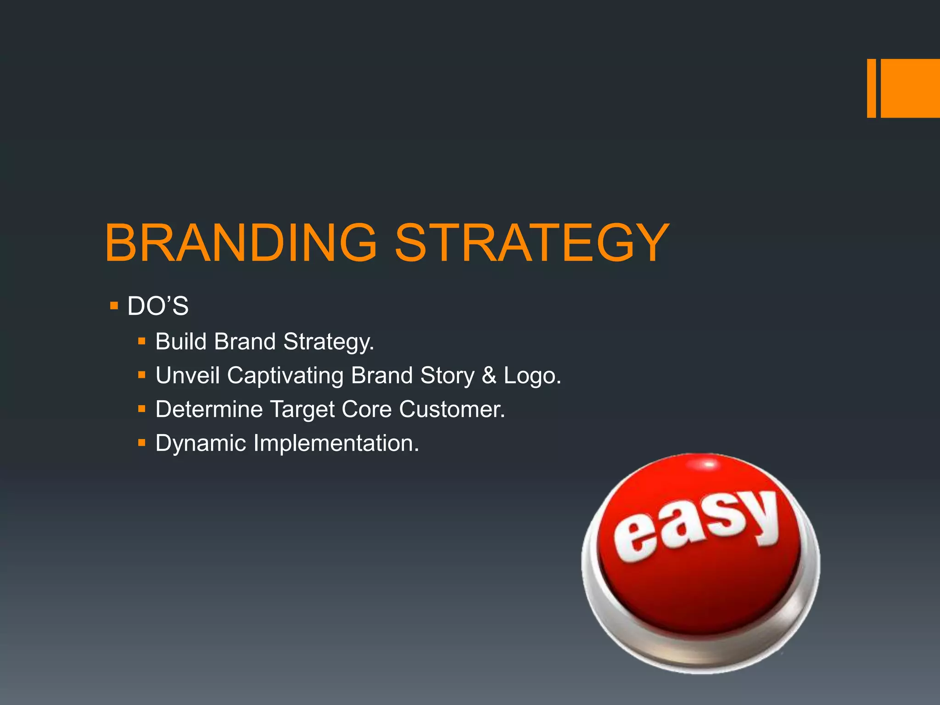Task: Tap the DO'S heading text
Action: [x=158, y=306]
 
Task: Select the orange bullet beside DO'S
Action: [x=114, y=305]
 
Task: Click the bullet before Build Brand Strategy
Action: [x=142, y=341]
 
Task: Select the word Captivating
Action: [x=285, y=375]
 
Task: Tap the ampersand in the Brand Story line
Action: [x=489, y=375]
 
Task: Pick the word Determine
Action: [x=209, y=409]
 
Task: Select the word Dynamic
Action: [x=201, y=443]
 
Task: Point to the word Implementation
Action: [x=336, y=443]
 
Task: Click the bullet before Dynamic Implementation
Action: [x=142, y=443]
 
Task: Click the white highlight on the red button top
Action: [x=709, y=465]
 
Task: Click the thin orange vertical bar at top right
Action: [x=871, y=88]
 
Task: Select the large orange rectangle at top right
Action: [x=910, y=88]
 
